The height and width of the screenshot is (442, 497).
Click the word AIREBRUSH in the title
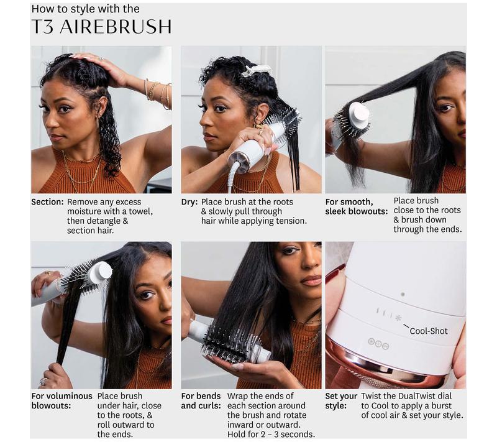(x=116, y=26)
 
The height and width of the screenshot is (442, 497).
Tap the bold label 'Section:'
(x=48, y=202)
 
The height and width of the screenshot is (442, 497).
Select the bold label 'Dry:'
(x=189, y=202)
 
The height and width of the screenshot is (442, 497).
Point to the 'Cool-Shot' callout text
(x=429, y=331)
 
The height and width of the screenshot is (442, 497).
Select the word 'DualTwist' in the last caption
(x=416, y=396)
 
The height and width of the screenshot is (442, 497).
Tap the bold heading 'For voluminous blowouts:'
(x=62, y=401)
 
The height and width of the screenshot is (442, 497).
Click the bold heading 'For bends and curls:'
(x=201, y=401)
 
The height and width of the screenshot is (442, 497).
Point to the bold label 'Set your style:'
(x=341, y=401)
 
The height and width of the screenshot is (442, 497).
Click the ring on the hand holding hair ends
(x=43, y=382)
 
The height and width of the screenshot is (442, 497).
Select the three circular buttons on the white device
(x=378, y=344)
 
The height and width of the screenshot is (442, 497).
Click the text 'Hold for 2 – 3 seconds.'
(x=271, y=434)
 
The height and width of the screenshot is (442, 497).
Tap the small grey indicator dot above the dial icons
(x=403, y=294)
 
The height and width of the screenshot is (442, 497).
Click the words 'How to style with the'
(x=85, y=9)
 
